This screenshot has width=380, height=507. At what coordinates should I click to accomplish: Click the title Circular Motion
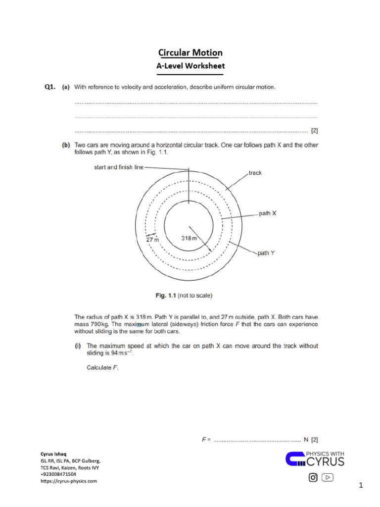[x=190, y=52]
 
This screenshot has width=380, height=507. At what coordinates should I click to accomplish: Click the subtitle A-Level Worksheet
[x=190, y=65]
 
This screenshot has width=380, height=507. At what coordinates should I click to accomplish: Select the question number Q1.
[x=49, y=87]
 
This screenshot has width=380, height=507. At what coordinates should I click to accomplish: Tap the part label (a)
[x=65, y=87]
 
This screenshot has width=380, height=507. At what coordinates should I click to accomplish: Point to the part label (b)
[x=65, y=145]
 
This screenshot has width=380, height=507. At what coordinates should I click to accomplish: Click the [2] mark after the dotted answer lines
[x=314, y=131]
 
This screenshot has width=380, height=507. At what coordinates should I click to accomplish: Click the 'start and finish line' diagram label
[x=119, y=167]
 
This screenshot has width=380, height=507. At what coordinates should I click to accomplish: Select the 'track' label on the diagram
[x=255, y=173]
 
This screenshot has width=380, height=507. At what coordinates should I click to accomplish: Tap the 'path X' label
[x=268, y=213]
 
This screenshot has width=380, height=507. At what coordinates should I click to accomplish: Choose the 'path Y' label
[x=266, y=253]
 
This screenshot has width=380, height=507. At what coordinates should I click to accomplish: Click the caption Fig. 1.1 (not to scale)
[x=182, y=296]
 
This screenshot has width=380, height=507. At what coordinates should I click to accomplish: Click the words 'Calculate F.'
[x=102, y=367]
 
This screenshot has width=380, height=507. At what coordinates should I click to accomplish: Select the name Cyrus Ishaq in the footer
[x=52, y=454]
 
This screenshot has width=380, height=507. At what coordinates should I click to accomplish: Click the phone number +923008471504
[x=58, y=474]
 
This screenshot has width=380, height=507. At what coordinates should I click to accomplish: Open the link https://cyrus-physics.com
[x=69, y=481]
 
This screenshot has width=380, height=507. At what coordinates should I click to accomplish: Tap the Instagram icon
[x=313, y=477]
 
